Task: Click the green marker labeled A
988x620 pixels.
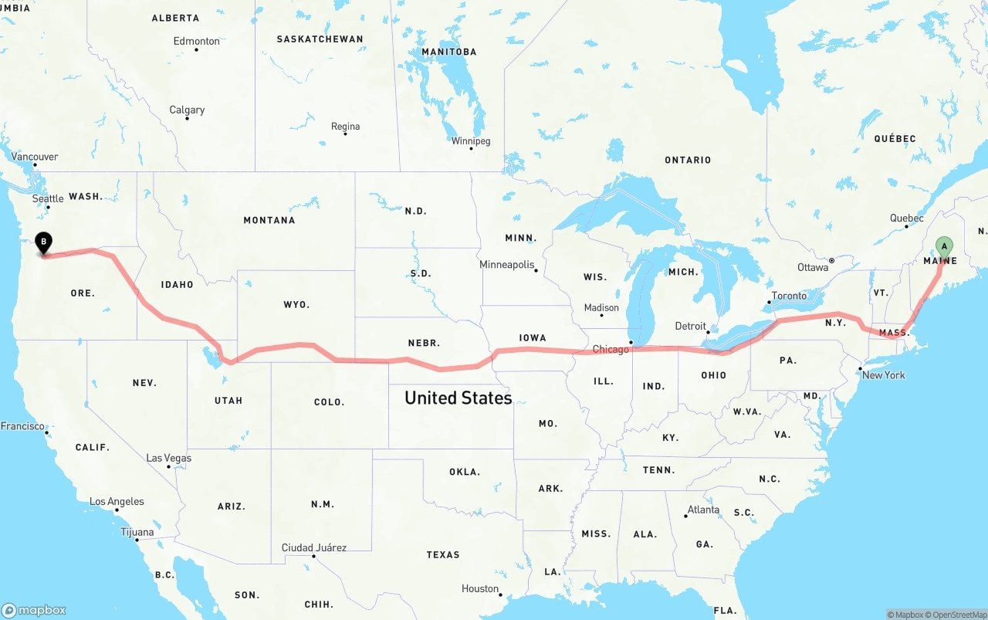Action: [x=943, y=247]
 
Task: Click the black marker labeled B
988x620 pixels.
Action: [x=44, y=242]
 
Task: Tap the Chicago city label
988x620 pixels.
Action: [x=611, y=350]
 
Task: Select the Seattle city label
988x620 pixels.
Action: [x=48, y=198]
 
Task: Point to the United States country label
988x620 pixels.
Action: [x=458, y=398]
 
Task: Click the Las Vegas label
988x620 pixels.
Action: [x=169, y=458]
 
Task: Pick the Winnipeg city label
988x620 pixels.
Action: [x=471, y=141]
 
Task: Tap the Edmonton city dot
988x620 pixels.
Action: [x=197, y=50]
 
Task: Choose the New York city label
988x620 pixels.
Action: [x=884, y=375]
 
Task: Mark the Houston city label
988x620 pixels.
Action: [x=480, y=588]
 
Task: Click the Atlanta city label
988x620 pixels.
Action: [x=703, y=510]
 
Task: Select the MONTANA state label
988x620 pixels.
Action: [x=269, y=220]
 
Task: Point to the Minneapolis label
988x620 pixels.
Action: [x=507, y=265]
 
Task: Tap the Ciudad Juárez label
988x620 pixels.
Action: [x=314, y=547]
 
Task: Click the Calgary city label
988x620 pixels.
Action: [x=188, y=110]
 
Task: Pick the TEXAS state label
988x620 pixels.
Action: [x=443, y=554]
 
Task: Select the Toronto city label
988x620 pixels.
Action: [x=789, y=296]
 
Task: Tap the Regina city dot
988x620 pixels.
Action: [x=345, y=134]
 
